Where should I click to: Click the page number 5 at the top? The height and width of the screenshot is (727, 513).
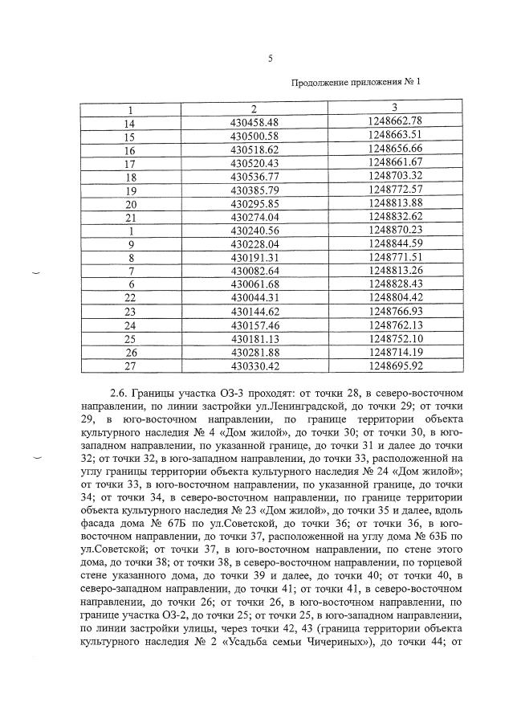click(270, 58)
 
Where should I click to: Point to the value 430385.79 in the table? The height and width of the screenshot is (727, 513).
click(254, 190)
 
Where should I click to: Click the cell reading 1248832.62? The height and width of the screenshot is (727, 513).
click(393, 217)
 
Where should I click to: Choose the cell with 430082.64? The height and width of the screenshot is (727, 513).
click(254, 271)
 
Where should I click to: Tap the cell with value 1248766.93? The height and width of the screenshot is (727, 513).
click(393, 312)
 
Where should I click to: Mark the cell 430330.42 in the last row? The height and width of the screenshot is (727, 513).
click(254, 366)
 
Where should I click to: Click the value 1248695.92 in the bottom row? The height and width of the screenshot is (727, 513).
click(393, 366)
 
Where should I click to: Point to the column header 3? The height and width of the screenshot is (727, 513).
click(393, 108)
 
